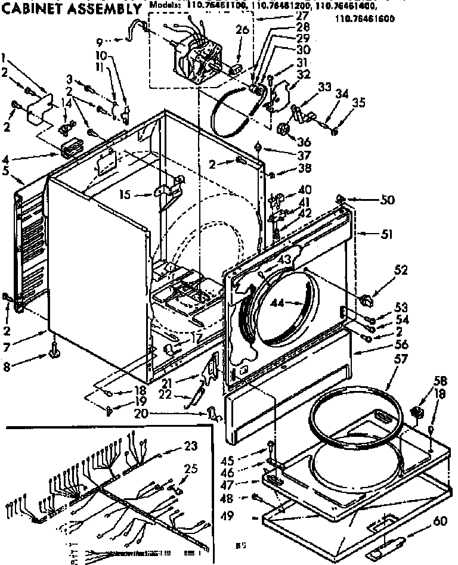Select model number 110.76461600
(364, 18)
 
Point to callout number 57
(384, 359)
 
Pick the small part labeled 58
(417, 411)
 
